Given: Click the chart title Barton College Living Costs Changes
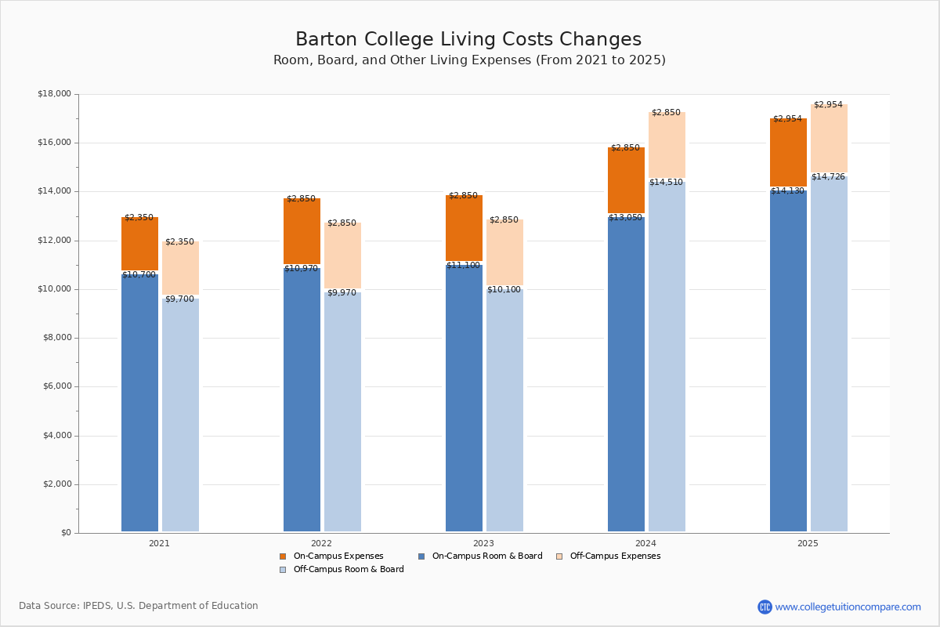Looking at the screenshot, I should tap(468, 40).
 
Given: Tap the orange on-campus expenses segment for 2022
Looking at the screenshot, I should tap(302, 231).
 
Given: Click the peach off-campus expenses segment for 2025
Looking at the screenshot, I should tap(829, 139).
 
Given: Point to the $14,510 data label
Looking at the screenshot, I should tap(666, 183).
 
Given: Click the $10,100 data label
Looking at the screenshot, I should tap(504, 290).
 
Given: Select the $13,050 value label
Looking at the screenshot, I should tap(626, 218).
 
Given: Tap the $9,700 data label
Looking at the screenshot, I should tap(179, 299).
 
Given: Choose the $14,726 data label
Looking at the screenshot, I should tap(828, 177).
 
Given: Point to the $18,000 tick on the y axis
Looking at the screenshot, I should tap(54, 94).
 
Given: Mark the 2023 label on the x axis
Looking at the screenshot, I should tap(483, 543).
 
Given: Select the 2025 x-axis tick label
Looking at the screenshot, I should tap(808, 543).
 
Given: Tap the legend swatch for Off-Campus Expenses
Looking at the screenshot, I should tap(559, 556).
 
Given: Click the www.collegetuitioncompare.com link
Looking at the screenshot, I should tap(848, 607).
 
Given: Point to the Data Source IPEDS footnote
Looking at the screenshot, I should tap(139, 606).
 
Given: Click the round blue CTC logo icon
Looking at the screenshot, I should tap(765, 607).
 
